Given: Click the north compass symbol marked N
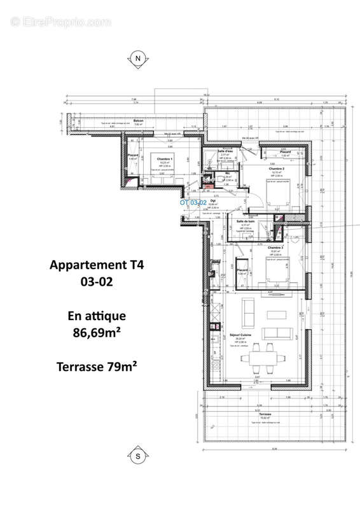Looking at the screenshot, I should click(x=137, y=59).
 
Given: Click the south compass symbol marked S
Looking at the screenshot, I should click(x=137, y=456).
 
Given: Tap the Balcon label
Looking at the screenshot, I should click(x=138, y=121).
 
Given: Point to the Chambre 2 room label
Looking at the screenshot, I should click(x=277, y=167).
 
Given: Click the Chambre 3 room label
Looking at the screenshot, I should click(x=275, y=248).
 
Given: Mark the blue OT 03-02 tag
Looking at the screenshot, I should click(x=193, y=202).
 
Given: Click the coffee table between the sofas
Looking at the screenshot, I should click(x=276, y=315).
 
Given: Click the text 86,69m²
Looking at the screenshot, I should click(x=97, y=331).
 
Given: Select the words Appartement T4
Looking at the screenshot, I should click(x=97, y=265).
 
